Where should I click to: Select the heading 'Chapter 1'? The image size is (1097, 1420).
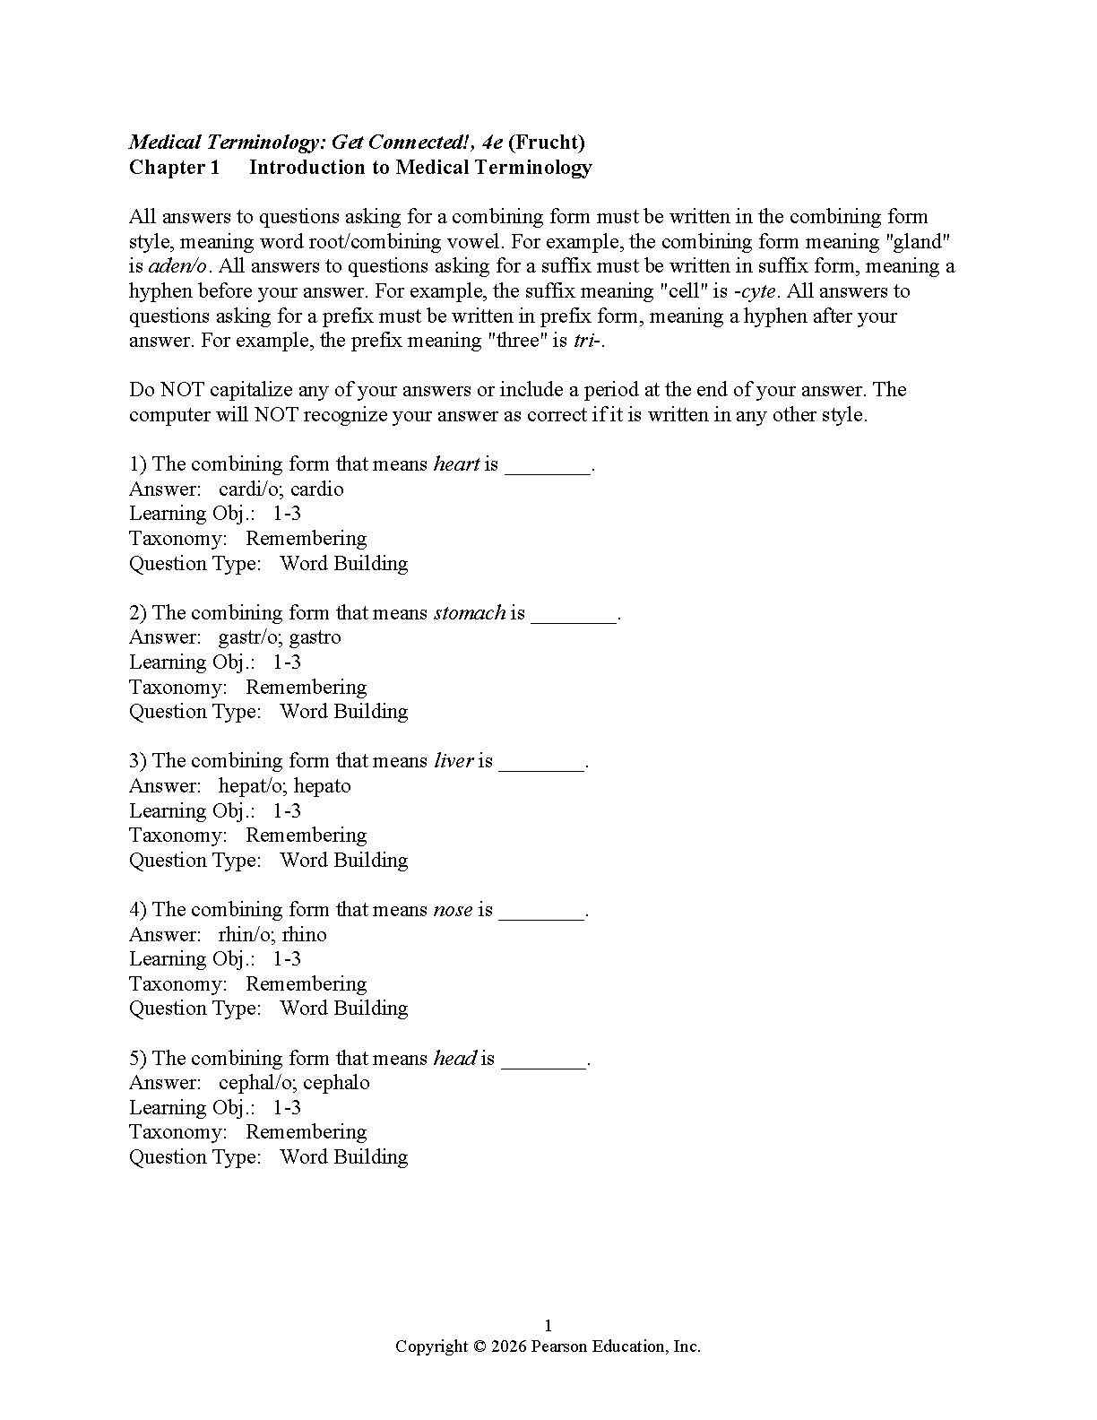174,168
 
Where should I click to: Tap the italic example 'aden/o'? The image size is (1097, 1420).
177,266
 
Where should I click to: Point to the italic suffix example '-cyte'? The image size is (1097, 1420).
754,291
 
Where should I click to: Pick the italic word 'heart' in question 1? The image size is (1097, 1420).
456,464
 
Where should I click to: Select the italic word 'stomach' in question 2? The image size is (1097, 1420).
470,613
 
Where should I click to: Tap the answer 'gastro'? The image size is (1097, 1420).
315,637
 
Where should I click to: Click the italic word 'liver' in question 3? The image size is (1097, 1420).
453,761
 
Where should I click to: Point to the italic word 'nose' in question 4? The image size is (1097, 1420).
453,910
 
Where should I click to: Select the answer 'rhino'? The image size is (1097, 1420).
305,935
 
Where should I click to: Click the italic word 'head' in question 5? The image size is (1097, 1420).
454,1059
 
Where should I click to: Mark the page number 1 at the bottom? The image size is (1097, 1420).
548,1326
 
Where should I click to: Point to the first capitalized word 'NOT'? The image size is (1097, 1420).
184,390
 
